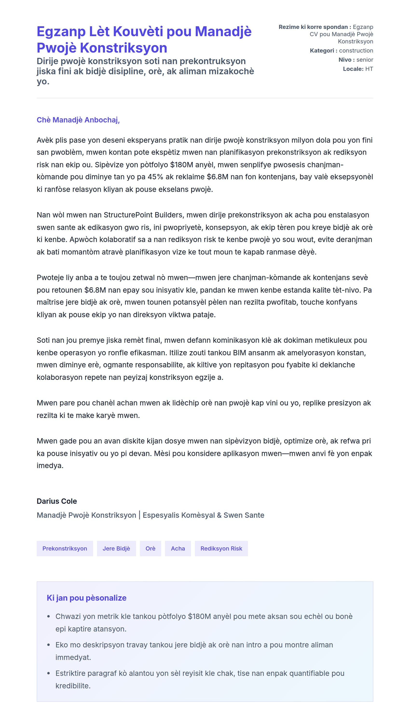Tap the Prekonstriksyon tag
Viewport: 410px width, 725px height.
65,548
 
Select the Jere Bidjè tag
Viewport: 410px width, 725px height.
116,548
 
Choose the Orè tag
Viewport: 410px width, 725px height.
150,548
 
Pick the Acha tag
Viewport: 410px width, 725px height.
178,548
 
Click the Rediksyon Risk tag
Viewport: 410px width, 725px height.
221,548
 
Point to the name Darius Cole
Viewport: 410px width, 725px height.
57,501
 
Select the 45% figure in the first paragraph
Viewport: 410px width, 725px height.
156,177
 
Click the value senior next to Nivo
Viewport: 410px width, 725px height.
365,60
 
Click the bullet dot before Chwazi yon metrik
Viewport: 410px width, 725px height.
49,617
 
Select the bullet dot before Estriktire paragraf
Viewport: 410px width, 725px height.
49,673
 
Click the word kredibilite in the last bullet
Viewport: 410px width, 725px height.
73,686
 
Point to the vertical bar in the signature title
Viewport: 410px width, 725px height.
139,515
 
